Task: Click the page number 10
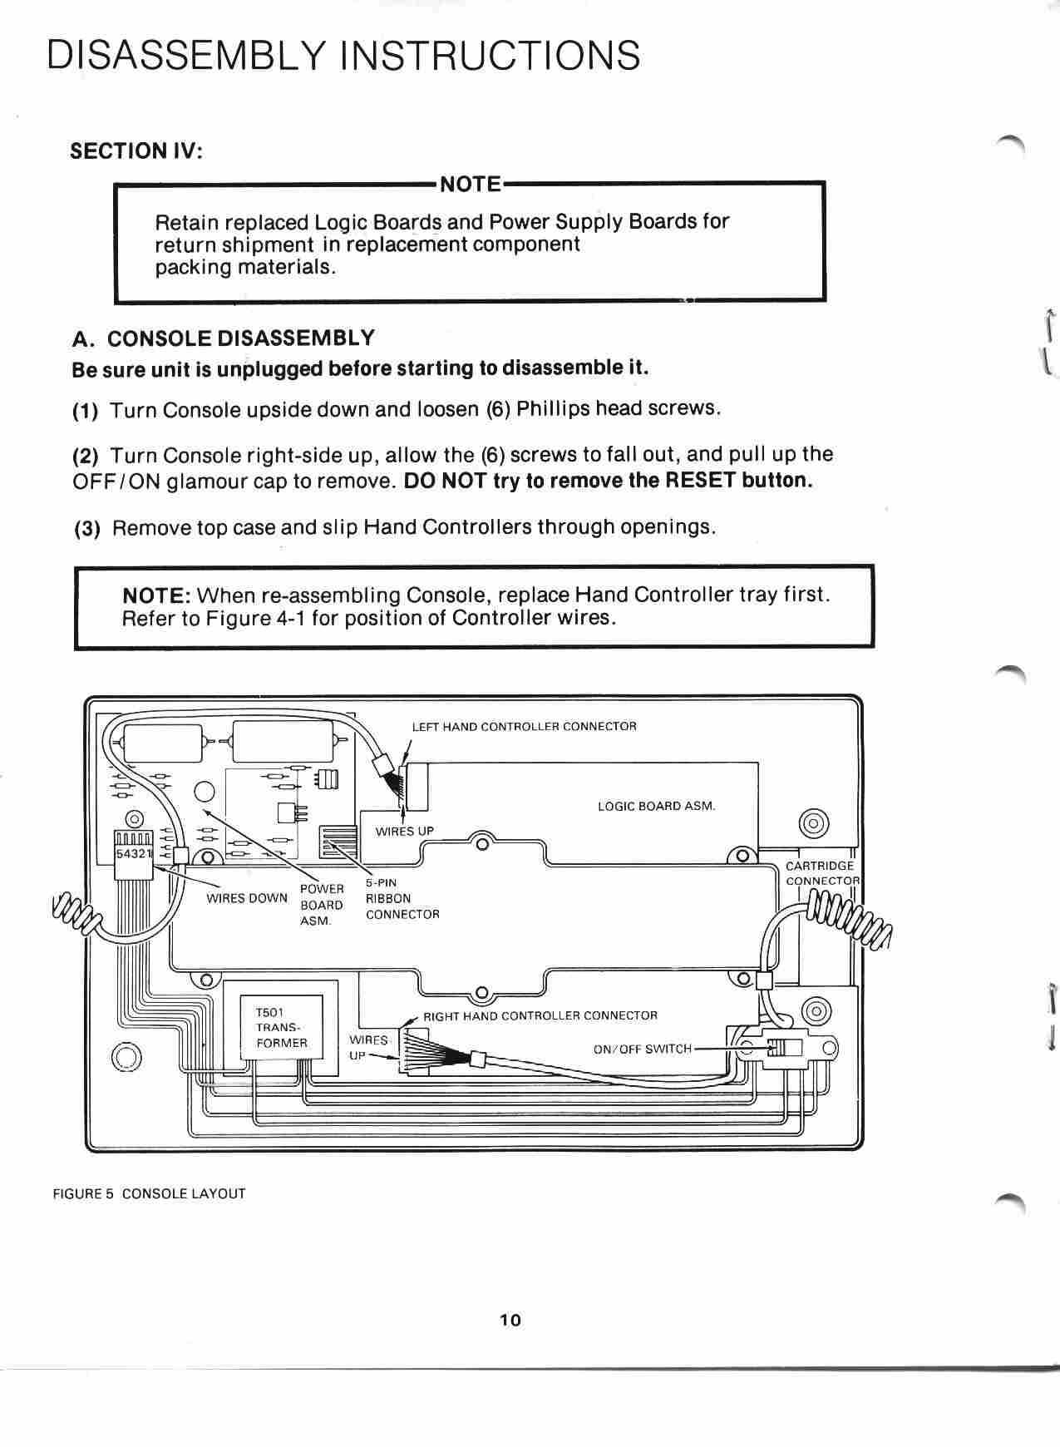tap(510, 1320)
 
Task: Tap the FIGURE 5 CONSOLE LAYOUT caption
tap(150, 1193)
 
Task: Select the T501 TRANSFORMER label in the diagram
tap(281, 1028)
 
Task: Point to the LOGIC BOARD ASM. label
tap(656, 806)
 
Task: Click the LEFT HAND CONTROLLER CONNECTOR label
tap(524, 727)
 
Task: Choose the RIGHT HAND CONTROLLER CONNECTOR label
tap(540, 1015)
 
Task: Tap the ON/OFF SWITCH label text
tap(642, 1049)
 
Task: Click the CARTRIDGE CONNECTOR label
tap(821, 873)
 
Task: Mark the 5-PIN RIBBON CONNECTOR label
tap(402, 898)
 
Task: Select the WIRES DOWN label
tap(246, 898)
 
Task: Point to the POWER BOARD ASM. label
tap(321, 905)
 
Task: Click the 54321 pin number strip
tap(132, 854)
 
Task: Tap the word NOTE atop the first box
tap(470, 185)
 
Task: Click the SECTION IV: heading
tap(136, 151)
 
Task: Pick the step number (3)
tap(87, 529)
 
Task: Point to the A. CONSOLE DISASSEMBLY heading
tap(223, 338)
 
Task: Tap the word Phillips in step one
tap(553, 408)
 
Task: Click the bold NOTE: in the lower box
tap(157, 595)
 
